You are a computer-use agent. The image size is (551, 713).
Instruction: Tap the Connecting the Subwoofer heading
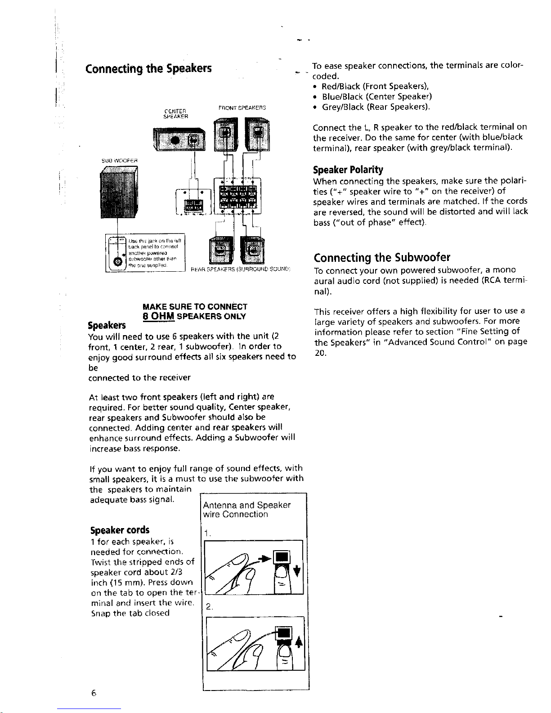pos(382,258)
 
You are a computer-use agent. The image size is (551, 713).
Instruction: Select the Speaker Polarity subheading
pos(348,170)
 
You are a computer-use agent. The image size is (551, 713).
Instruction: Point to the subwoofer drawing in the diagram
pos(118,196)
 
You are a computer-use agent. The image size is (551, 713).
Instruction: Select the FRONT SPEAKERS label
pos(242,108)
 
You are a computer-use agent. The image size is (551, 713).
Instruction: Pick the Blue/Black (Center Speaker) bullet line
pos(377,96)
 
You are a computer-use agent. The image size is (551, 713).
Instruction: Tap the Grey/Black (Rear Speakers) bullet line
pos(376,107)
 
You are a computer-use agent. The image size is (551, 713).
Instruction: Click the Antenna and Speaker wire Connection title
pos(246,510)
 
